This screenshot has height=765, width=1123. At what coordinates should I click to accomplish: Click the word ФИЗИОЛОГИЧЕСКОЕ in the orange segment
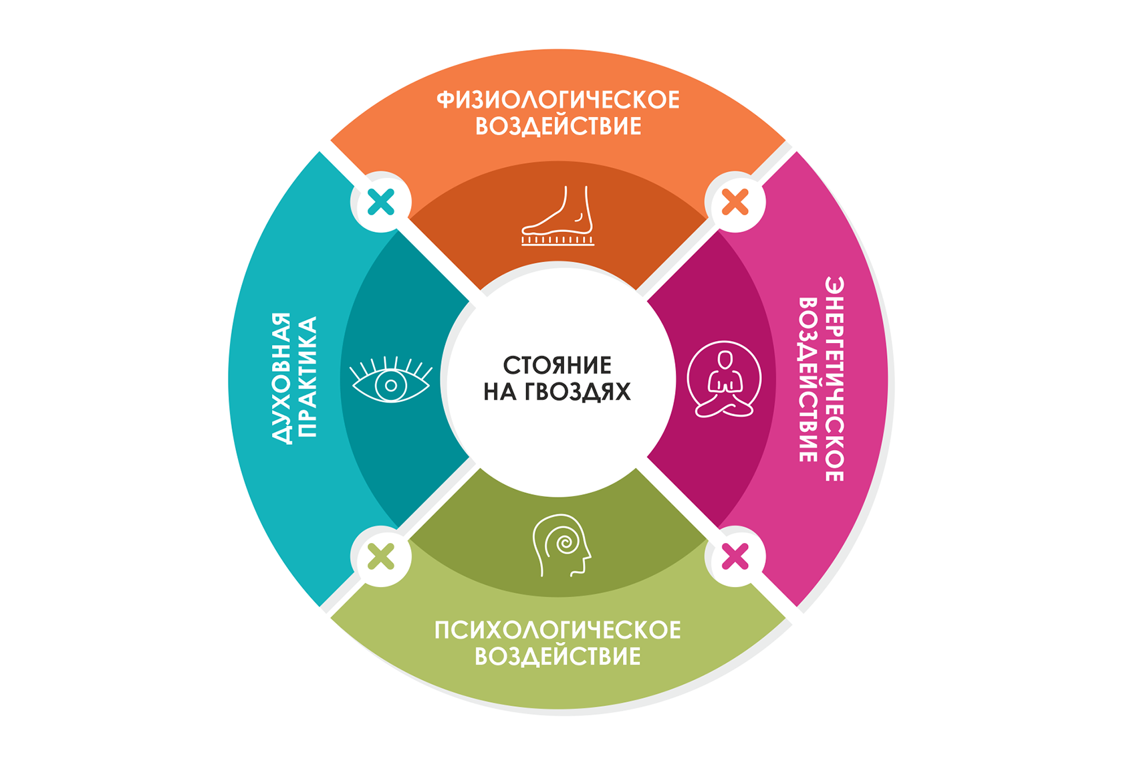click(x=558, y=100)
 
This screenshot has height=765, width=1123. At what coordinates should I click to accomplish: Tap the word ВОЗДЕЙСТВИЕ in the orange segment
click(x=558, y=126)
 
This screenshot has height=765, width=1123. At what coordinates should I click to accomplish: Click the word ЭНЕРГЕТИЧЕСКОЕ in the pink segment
click(x=834, y=378)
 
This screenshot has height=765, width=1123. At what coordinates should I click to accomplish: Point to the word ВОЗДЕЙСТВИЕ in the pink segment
click(x=808, y=379)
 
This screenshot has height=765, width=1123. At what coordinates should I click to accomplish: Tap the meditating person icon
click(x=724, y=380)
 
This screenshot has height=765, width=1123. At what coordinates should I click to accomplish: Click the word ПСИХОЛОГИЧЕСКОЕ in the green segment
click(x=557, y=630)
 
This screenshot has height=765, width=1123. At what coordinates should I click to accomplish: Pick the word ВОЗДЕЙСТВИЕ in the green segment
click(x=557, y=657)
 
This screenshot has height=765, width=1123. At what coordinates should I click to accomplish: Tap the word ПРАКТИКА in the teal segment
click(x=307, y=377)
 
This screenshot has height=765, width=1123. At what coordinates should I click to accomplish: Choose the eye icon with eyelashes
click(x=391, y=381)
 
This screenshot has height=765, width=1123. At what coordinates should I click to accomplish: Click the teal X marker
click(x=381, y=202)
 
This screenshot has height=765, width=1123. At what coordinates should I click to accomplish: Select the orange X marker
click(x=735, y=202)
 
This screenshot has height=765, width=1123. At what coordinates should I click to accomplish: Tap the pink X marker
click(x=735, y=556)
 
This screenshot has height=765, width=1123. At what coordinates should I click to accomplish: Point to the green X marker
click(x=381, y=556)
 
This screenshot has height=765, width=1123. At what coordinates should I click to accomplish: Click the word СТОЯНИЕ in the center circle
click(x=557, y=366)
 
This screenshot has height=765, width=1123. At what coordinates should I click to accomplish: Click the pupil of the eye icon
click(x=391, y=385)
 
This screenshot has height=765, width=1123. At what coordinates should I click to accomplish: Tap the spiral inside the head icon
click(x=564, y=542)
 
